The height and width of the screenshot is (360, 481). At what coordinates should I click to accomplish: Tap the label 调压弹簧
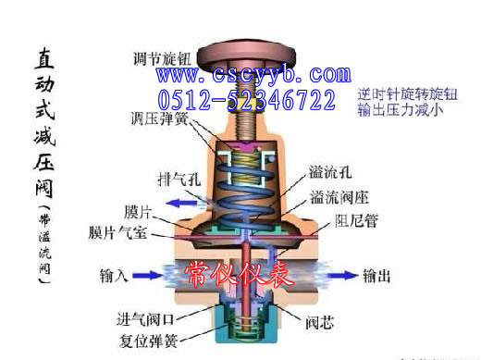(x=160, y=118)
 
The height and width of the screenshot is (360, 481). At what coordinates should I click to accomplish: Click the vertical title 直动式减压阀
(x=43, y=130)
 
